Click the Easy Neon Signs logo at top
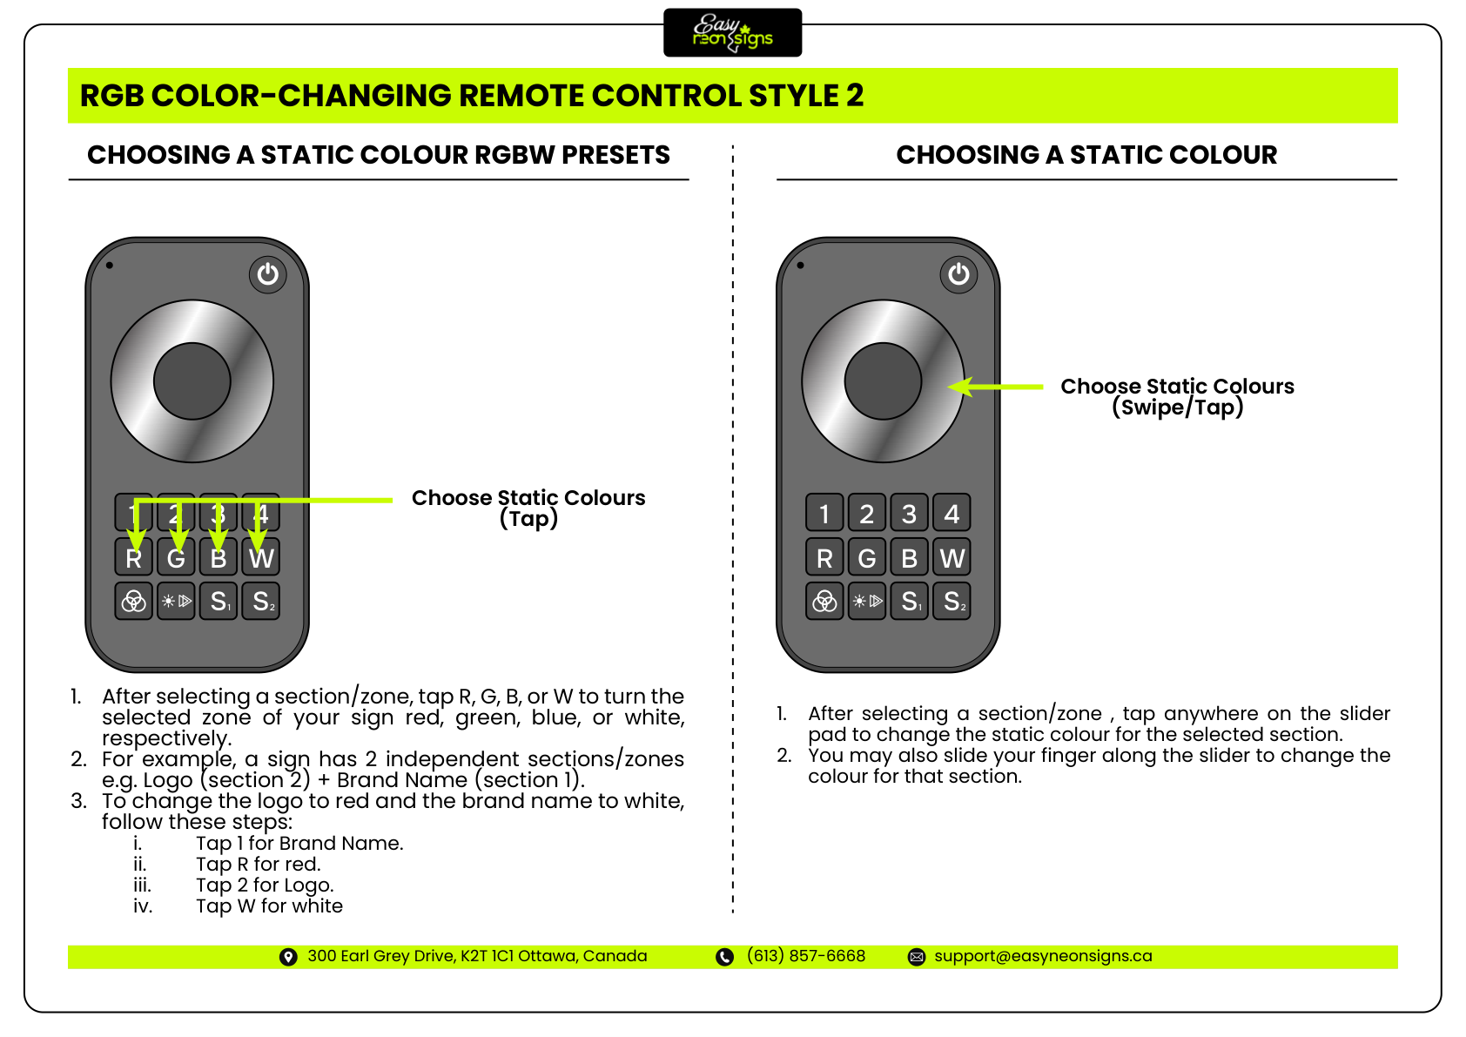click(x=732, y=33)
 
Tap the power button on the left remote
click(x=268, y=274)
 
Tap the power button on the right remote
click(x=958, y=274)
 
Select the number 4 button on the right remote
click(x=952, y=514)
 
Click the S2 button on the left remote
click(x=261, y=601)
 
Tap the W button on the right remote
click(x=952, y=558)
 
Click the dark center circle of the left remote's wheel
click(x=192, y=381)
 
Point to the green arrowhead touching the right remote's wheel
click(x=959, y=387)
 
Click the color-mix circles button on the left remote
click(x=134, y=601)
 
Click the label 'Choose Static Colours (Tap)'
click(x=528, y=508)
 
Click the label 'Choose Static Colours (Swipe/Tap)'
click(x=1177, y=396)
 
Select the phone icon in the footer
click(x=724, y=957)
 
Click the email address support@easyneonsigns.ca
click(x=1043, y=956)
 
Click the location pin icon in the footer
click(x=288, y=957)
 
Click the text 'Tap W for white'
click(x=269, y=906)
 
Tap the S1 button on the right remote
click(x=910, y=601)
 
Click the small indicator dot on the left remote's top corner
click(x=110, y=266)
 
